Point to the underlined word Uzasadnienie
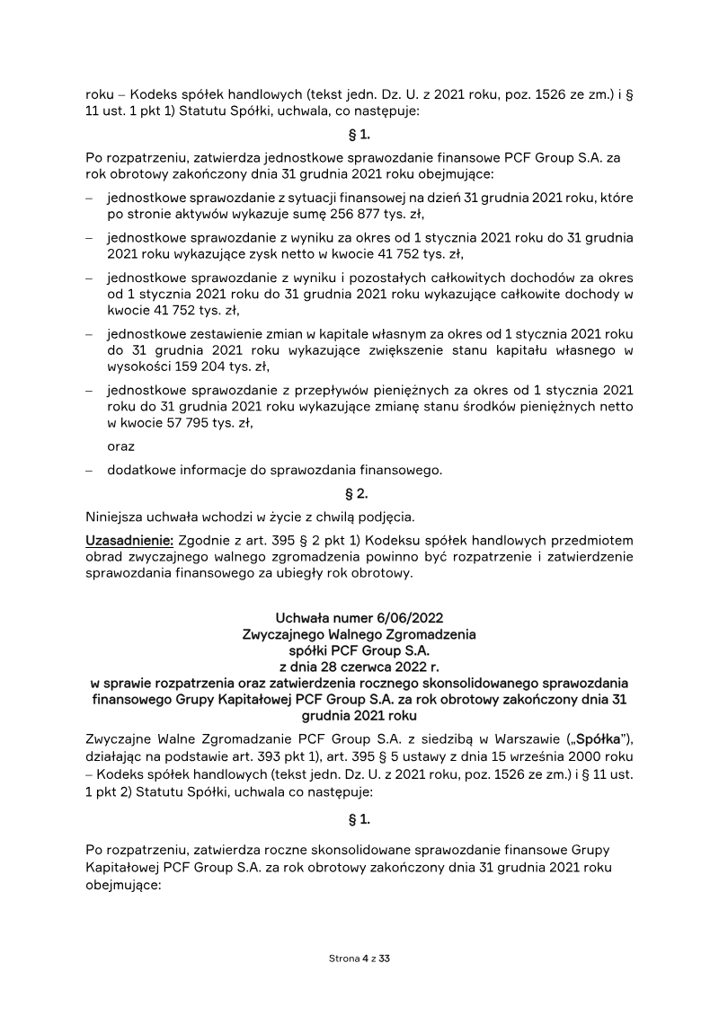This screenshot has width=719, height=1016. [x=122, y=540]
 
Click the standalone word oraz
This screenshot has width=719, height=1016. [x=121, y=446]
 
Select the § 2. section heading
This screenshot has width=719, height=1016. [x=358, y=493]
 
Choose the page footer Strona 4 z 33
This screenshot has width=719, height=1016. [x=359, y=959]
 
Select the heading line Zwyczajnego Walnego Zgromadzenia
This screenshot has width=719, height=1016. [x=359, y=633]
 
